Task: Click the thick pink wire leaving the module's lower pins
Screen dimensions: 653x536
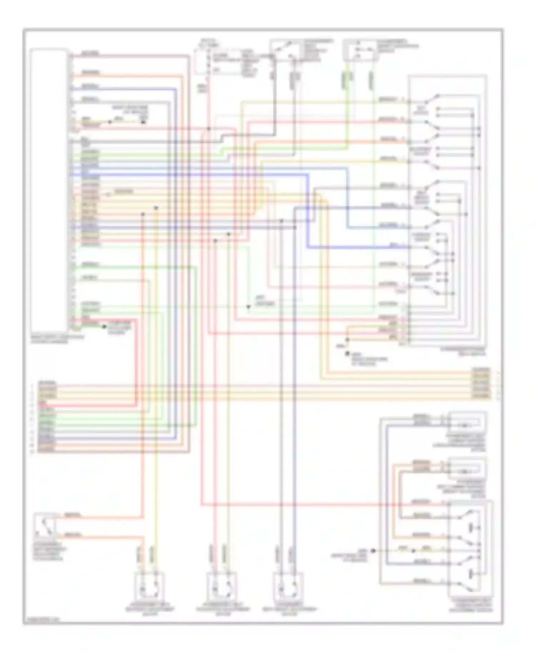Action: pos(136,361)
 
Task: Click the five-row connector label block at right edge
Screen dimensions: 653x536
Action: pos(481,383)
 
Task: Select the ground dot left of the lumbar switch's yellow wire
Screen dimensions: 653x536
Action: pos(373,550)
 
